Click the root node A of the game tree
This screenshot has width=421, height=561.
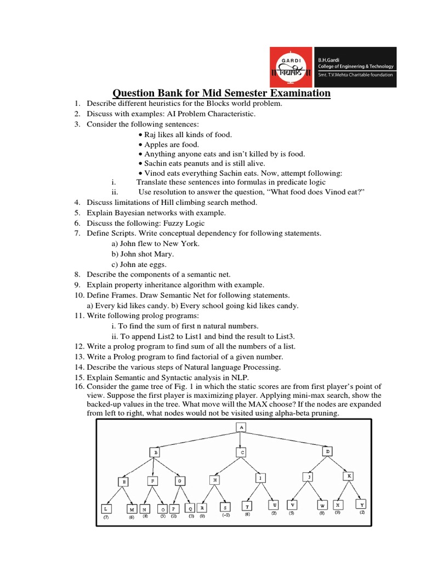click(240, 427)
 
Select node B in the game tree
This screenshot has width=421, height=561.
click(155, 453)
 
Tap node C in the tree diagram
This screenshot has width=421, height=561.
click(242, 453)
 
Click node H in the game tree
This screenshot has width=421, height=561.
click(214, 479)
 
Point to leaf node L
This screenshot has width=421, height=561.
click(106, 508)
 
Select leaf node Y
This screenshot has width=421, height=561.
click(361, 503)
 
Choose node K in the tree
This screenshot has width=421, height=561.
click(349, 476)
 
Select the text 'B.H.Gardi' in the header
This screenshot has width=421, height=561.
click(332, 59)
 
